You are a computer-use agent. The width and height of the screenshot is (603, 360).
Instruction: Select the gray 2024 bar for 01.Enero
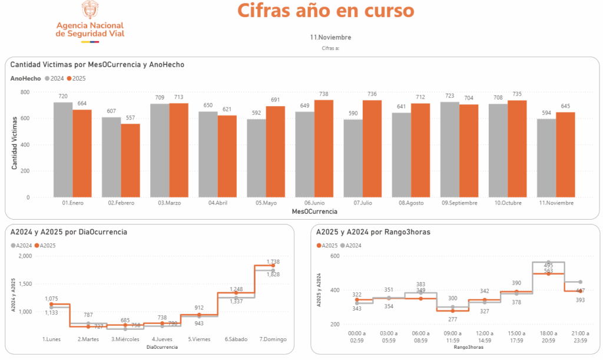63,150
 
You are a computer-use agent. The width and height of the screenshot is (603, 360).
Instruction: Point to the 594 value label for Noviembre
546,114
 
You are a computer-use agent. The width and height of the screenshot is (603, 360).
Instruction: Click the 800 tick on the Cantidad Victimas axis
25,93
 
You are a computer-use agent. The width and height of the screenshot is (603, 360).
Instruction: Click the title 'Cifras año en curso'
325,11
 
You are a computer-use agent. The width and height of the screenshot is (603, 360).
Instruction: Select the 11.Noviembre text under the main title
330,38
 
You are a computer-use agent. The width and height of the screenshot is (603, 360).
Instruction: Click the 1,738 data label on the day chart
273,262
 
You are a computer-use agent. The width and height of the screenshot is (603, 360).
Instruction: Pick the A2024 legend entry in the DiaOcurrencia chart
21,245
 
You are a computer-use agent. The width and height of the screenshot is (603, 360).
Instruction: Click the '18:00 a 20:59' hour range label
548,337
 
